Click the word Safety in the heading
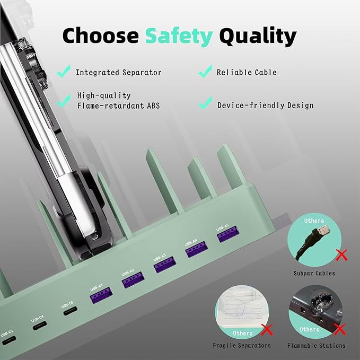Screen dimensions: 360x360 tap(179, 36)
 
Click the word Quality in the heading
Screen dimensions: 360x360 tap(258, 36)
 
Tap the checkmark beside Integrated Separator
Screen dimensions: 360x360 tap(64, 72)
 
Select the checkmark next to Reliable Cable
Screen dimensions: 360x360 tap(205, 72)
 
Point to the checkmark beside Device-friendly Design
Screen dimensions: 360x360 tap(206, 103)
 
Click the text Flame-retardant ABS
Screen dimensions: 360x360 tap(118, 106)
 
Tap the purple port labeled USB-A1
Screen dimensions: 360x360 tap(101, 295)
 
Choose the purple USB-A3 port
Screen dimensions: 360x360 tap(165, 265)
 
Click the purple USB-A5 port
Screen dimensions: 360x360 tap(228, 234)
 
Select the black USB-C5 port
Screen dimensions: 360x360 tap(71, 311)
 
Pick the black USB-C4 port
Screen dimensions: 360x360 tap(39, 326)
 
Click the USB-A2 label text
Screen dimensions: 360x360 tap(128, 273)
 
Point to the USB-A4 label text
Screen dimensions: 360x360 tap(191, 242)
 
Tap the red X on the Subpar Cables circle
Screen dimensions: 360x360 tap(341, 255)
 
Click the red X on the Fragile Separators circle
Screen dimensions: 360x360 tap(267, 330)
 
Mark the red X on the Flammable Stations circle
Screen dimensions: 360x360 tap(339, 329)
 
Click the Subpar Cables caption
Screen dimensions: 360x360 tap(314, 273)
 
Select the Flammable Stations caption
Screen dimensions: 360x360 tap(317, 346)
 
